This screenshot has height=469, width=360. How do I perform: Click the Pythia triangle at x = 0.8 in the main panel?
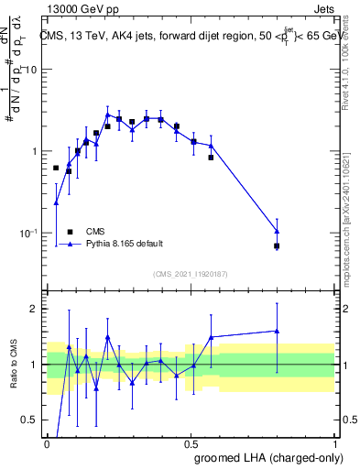(277, 231)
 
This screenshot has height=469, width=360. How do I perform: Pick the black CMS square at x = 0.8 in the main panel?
(277, 245)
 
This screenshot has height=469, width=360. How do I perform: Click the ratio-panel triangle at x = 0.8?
(277, 331)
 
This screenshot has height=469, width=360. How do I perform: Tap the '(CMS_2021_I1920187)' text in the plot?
(190, 273)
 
